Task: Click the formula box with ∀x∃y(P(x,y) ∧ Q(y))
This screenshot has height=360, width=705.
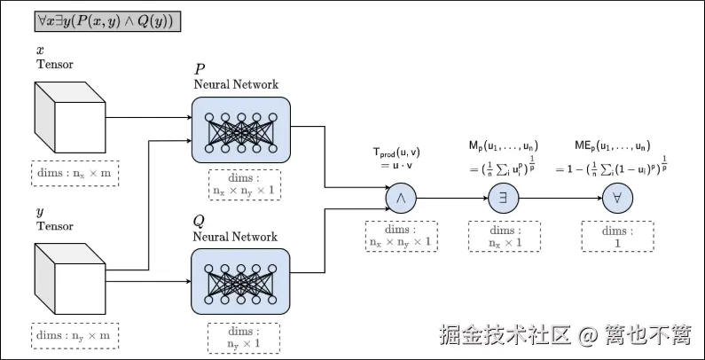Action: [x=108, y=21]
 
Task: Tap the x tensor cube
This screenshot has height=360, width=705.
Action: [x=70, y=117]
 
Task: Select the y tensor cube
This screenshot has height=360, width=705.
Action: [x=70, y=278]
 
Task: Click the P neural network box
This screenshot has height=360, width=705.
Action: [x=241, y=129]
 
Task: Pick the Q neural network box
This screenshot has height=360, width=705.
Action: [x=241, y=282]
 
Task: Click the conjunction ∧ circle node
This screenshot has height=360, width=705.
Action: [x=401, y=198]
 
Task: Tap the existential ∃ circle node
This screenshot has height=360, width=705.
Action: [x=504, y=198]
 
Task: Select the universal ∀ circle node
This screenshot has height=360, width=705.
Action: [x=617, y=198]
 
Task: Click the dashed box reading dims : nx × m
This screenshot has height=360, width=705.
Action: [x=75, y=173]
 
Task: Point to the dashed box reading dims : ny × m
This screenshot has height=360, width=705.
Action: [x=75, y=335]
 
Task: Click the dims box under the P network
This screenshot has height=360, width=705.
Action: [x=245, y=184]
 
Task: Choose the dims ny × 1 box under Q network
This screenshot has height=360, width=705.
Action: [x=244, y=338]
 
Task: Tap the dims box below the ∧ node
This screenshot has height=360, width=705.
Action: [x=401, y=236]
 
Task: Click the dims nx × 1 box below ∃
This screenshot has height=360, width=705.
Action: [x=505, y=236]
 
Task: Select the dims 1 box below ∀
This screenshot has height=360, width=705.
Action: [x=618, y=236]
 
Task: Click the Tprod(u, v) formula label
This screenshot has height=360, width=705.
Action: [x=396, y=153]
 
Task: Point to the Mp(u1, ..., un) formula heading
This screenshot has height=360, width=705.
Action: [x=504, y=146]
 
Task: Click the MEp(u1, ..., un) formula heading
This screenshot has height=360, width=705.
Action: [x=613, y=146]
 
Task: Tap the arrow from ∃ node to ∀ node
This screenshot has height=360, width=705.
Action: [x=560, y=198]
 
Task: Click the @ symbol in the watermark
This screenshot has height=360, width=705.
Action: [x=588, y=335]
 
